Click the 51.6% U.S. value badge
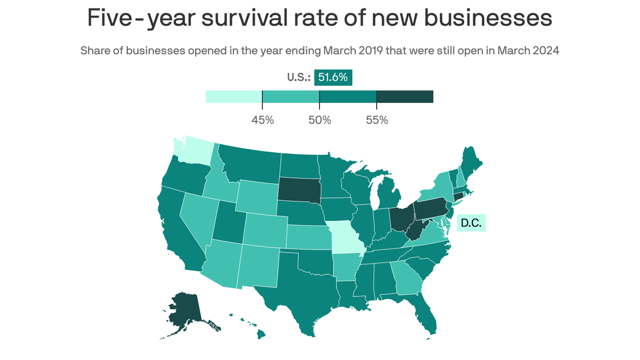333,77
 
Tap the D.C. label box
471,223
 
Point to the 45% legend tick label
262,120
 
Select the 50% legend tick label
320,120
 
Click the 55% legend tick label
377,120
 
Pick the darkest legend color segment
405,97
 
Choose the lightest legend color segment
234,97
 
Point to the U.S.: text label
298,77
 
